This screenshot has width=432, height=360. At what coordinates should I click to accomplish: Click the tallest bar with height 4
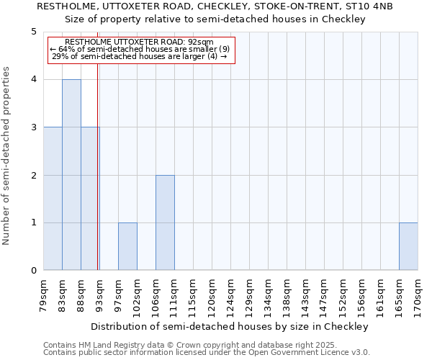[71, 175]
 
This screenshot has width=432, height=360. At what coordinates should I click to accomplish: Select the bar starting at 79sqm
[53, 199]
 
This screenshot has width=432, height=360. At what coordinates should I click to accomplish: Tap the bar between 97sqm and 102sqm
[127, 246]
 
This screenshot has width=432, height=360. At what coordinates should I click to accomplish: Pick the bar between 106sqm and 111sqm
[165, 222]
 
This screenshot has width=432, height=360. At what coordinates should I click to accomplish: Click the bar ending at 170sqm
[408, 246]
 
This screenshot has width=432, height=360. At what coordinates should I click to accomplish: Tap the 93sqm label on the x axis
[100, 294]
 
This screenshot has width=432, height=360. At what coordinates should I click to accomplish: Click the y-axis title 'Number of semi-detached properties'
[7, 156]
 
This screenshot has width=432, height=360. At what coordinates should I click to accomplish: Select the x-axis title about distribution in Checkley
[230, 326]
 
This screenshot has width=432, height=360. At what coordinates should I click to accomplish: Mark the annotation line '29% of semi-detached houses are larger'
[140, 56]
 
